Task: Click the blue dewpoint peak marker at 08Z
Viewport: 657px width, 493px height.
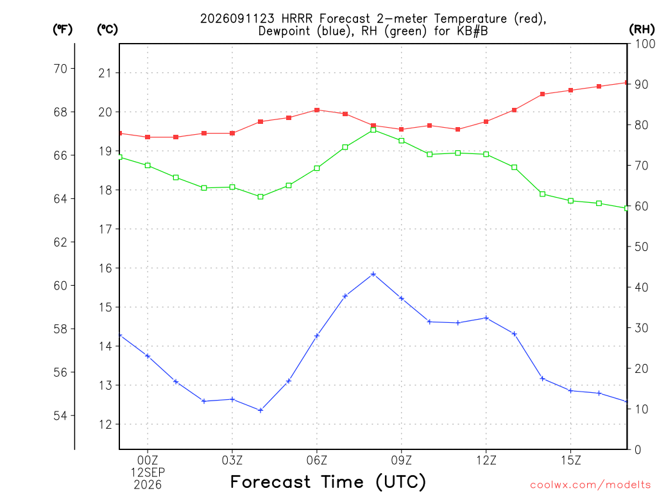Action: pos(373,274)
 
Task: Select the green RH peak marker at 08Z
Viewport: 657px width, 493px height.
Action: pos(373,130)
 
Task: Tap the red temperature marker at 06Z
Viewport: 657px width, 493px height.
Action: pos(317,110)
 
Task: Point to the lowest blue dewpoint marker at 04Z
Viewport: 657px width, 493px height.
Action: pos(260,410)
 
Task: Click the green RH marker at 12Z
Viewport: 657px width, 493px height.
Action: pos(486,154)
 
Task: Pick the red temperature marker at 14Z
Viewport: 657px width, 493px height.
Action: pos(542,94)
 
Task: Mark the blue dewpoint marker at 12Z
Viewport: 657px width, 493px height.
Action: pos(486,318)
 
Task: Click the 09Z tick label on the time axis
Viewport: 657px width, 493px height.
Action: pos(402,460)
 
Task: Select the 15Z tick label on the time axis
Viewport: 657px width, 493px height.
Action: pos(570,460)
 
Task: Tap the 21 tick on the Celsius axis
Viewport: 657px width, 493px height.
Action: pos(105,73)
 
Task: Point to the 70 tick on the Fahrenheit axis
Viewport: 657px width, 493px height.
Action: pos(60,68)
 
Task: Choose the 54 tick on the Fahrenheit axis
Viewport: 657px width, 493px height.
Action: pos(60,415)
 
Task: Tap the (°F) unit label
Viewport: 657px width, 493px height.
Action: pos(62,30)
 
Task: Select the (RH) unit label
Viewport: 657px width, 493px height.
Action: pos(642,30)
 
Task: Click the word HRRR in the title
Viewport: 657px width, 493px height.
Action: pos(297,19)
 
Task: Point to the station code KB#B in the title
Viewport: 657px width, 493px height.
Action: pos(472,31)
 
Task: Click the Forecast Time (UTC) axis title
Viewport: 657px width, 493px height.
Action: pos(328,482)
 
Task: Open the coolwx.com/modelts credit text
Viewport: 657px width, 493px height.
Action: pos(590,485)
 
